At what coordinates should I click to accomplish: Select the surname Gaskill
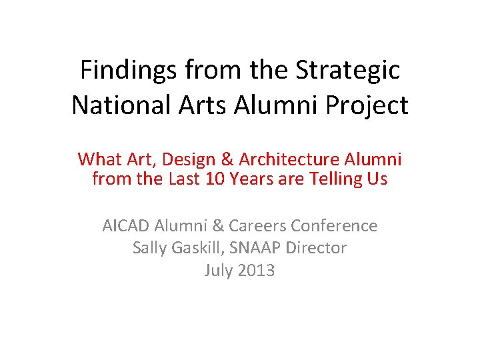[199, 248]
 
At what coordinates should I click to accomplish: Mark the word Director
[317, 248]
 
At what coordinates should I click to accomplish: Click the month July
[218, 270]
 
